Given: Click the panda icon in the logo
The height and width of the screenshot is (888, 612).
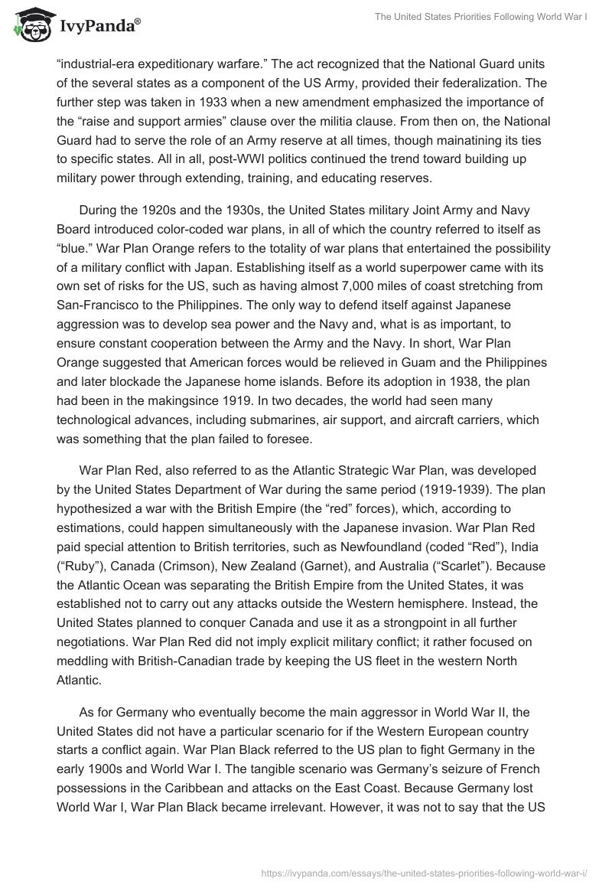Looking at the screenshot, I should [x=29, y=25].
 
